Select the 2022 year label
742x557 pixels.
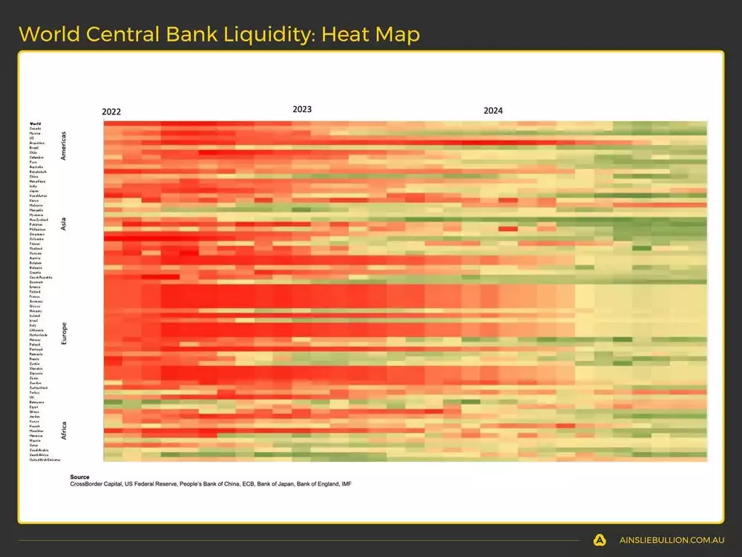(x=111, y=112)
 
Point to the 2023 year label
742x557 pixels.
(x=302, y=109)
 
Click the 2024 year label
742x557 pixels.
(x=493, y=111)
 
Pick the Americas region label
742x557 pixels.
(x=64, y=146)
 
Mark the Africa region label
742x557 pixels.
(x=64, y=429)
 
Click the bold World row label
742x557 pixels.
(x=35, y=123)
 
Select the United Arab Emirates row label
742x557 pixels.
(x=45, y=460)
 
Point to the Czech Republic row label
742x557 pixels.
(x=40, y=278)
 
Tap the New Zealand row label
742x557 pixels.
(x=39, y=220)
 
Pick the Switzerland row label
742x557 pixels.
(x=39, y=388)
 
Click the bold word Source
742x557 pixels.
(x=79, y=477)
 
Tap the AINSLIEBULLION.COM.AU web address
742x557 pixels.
(x=672, y=541)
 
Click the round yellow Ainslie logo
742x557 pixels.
(x=600, y=541)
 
